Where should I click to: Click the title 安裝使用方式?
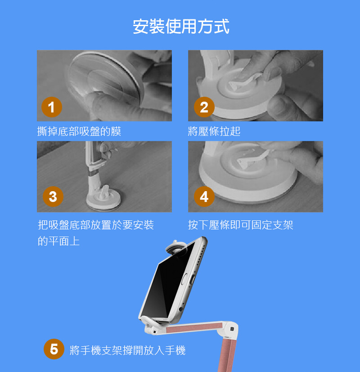(181, 27)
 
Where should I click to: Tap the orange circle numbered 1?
(51, 107)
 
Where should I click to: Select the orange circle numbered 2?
(204, 107)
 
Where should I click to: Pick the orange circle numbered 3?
(53, 197)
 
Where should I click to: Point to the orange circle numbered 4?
(204, 197)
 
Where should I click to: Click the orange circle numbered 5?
(54, 349)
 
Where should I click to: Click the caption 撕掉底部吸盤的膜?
(79, 131)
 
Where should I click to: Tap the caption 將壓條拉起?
(214, 131)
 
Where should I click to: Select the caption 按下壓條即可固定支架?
(241, 224)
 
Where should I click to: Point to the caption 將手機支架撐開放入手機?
(127, 350)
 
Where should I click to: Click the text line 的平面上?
(58, 241)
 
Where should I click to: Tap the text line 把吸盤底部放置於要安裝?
(96, 224)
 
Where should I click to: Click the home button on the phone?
(184, 279)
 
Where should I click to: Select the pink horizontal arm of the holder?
(194, 327)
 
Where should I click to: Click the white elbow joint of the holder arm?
(230, 329)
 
